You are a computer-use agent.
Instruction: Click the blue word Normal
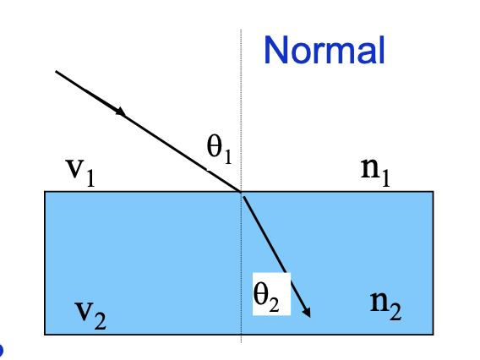[325, 50]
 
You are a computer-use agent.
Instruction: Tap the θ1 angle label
[219, 149]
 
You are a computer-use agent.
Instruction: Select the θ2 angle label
[266, 297]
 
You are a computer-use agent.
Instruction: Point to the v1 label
[80, 172]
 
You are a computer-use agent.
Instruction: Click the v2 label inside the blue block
[90, 315]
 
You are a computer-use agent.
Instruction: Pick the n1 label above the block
[375, 172]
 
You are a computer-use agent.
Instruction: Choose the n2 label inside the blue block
[385, 305]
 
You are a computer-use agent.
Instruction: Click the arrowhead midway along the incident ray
[121, 112]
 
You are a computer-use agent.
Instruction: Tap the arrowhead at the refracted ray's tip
[307, 312]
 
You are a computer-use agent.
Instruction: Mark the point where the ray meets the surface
[241, 192]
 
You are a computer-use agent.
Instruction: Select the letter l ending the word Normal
[382, 50]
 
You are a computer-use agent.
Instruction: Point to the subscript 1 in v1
[90, 178]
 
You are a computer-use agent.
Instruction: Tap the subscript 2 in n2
[395, 312]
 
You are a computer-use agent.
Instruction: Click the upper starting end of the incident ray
[56, 71]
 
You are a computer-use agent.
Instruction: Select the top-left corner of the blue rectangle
[45, 192]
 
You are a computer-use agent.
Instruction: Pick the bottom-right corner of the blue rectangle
[434, 335]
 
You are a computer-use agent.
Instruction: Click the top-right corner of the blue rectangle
[434, 192]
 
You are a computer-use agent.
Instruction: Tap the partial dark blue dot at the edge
[1, 350]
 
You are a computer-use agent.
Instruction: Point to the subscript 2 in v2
[100, 321]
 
